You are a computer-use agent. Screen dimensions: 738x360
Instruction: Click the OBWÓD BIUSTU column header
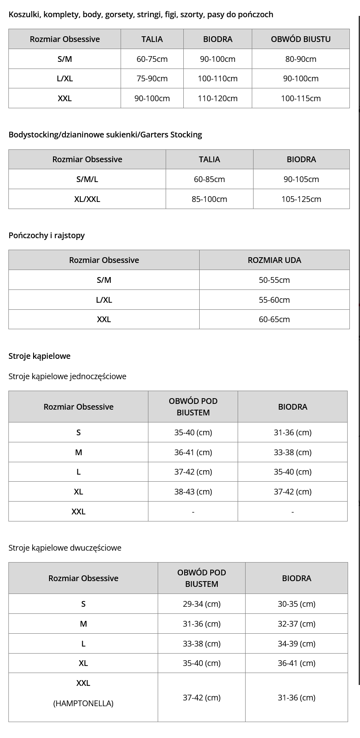pos(300,39)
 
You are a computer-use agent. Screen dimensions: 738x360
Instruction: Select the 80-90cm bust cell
pos(300,59)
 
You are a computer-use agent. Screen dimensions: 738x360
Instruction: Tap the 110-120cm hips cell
pos(217,98)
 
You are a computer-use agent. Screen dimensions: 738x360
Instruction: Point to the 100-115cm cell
pos(300,98)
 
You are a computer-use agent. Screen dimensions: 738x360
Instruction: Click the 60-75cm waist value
pos(152,59)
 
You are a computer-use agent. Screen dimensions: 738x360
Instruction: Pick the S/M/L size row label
pos(87,179)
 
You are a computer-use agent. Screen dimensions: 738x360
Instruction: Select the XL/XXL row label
pos(87,199)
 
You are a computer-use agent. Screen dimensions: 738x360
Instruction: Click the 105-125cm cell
pos(301,199)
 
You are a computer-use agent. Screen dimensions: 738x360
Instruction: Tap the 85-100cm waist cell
pos(209,199)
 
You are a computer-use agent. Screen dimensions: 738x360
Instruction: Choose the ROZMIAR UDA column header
pos(274,260)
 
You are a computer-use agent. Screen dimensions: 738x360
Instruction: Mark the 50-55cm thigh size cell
pos(274,280)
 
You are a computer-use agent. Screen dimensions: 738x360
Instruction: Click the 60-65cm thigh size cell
pos(274,319)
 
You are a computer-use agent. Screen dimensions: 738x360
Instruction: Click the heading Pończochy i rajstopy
pos(46,235)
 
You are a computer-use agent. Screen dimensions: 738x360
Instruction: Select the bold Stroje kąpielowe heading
pos(39,356)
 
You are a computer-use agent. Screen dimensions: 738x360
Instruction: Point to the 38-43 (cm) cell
pos(193,491)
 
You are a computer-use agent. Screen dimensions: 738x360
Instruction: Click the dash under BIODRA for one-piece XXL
pos(292,512)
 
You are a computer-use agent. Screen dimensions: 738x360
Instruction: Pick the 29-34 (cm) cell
pos(201,604)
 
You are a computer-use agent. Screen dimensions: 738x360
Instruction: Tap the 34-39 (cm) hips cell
pos(296,643)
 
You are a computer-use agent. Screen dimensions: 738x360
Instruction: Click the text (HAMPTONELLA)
pos(83,703)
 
